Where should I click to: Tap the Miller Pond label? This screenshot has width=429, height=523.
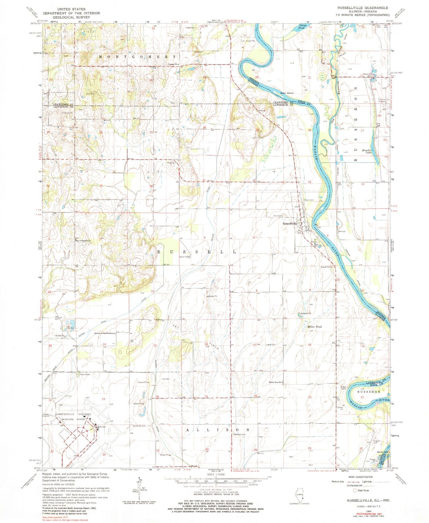[314, 326]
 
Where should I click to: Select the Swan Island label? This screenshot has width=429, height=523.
[287, 93]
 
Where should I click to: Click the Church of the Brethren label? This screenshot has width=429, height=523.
[104, 333]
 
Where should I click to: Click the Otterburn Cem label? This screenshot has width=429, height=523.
[240, 434]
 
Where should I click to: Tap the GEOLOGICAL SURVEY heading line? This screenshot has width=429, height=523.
[71, 17]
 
